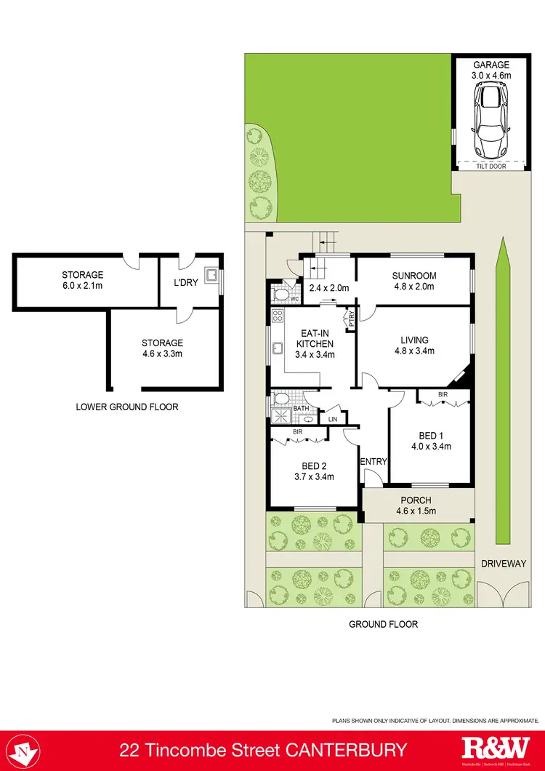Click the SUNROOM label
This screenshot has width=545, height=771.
pos(413,276)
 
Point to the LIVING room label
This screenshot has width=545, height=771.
pos(414,340)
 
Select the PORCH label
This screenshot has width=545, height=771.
pos(416,500)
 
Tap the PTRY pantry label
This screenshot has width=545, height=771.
pos(350,317)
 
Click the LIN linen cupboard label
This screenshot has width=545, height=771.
pos(333,420)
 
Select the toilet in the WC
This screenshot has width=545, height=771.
pos(279,295)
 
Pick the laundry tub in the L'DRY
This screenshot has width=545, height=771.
pos(212,276)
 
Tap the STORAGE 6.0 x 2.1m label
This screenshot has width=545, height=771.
pos(82,275)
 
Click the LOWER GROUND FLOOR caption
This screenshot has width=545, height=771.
pos(127,407)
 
